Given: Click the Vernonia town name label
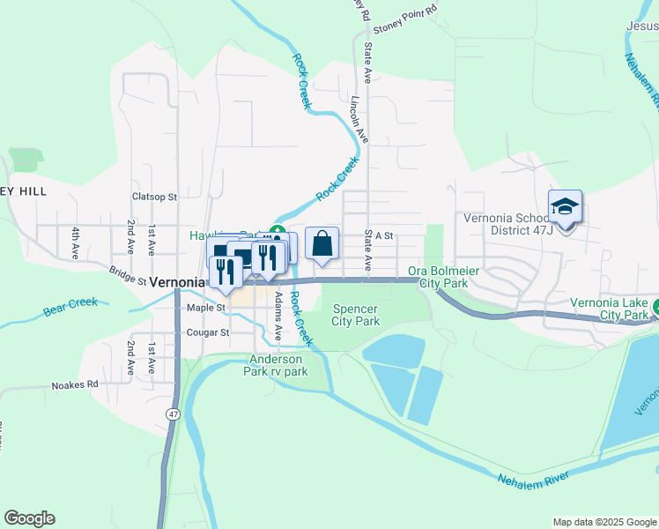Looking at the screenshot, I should coord(177,283).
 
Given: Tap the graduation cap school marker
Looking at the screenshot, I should coord(565,208).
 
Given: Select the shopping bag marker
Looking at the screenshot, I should coord(322,243).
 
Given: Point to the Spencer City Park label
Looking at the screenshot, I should coord(356,315).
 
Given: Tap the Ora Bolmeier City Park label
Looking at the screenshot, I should coord(443,277).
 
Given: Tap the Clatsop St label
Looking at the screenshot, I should coord(154,197).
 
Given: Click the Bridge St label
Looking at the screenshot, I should coord(128,277).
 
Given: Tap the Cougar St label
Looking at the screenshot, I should coord(208,332).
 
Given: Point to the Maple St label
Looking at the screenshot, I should coord(207,308).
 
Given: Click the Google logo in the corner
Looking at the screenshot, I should coord(29,518).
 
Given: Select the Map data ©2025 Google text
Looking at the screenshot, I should coord(604,522).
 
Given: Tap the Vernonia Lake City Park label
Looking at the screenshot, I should coord(610,308).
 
